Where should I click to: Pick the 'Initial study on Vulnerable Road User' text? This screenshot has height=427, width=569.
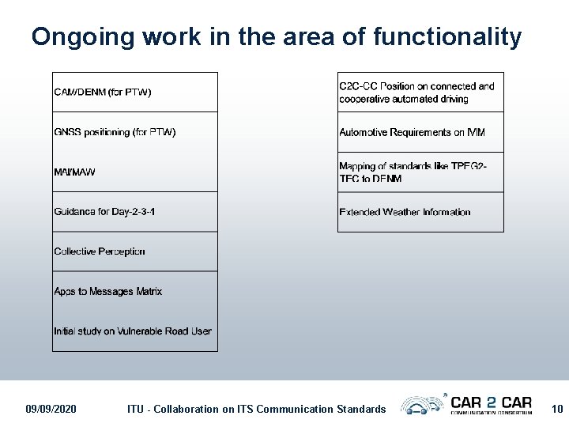[133, 331]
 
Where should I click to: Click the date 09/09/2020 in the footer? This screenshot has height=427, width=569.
[51, 409]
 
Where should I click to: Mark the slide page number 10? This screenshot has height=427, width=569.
[557, 409]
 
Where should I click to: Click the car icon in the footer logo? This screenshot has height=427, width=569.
[422, 406]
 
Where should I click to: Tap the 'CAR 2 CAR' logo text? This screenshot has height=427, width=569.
[491, 402]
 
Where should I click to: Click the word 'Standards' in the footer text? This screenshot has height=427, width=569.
[360, 409]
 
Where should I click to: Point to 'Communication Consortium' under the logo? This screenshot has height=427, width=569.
[491, 412]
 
